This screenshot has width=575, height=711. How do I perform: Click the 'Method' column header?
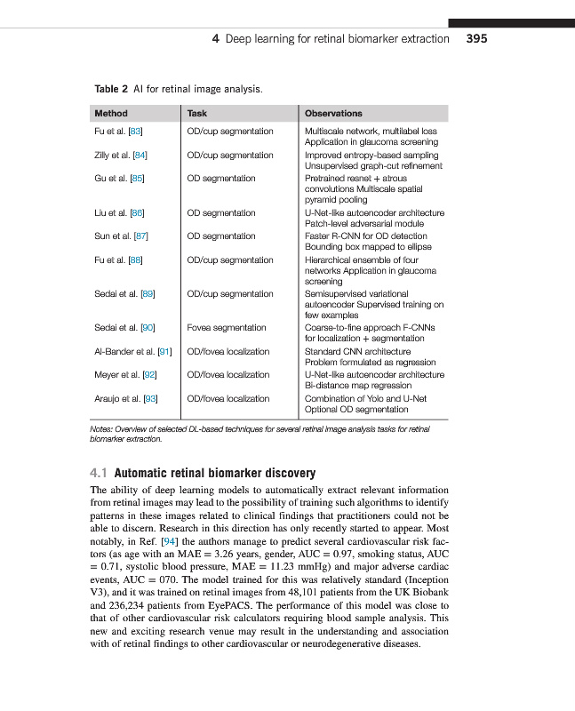click(x=111, y=114)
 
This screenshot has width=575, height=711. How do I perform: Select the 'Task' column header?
click(x=197, y=114)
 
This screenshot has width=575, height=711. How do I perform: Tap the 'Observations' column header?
click(x=333, y=114)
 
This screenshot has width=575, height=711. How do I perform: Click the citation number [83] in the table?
click(x=137, y=132)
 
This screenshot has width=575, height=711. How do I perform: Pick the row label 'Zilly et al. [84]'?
click(x=121, y=156)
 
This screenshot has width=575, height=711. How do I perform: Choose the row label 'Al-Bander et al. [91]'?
click(x=133, y=352)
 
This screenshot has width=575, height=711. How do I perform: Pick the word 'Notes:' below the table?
click(x=104, y=429)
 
